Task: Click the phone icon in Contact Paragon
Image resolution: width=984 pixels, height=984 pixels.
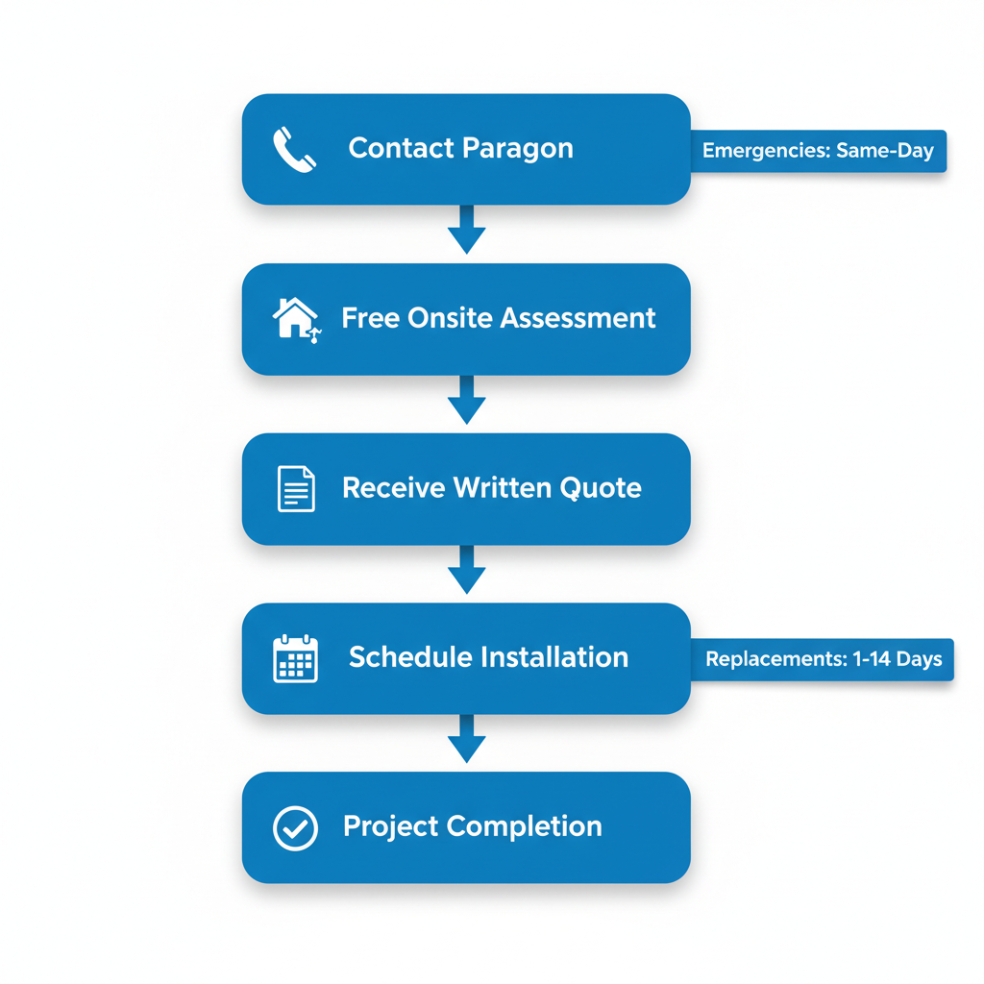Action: pyautogui.click(x=294, y=150)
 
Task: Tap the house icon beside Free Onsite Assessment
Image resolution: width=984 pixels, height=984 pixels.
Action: pyautogui.click(x=295, y=318)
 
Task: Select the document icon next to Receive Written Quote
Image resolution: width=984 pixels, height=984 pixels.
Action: pyautogui.click(x=295, y=488)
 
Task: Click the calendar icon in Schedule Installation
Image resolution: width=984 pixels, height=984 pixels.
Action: pyautogui.click(x=295, y=658)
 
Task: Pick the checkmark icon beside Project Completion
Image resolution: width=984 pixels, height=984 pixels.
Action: pyautogui.click(x=295, y=827)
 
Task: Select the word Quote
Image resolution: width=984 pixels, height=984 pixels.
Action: pyautogui.click(x=603, y=488)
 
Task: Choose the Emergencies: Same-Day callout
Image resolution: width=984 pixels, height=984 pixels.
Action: pyautogui.click(x=819, y=151)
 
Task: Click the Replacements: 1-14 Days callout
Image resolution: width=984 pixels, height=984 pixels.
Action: pyautogui.click(x=823, y=660)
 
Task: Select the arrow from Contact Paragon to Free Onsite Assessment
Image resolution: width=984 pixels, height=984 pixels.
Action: pyautogui.click(x=466, y=230)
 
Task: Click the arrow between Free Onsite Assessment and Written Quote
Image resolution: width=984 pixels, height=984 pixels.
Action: pyautogui.click(x=466, y=400)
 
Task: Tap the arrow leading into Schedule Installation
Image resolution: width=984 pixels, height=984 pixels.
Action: pyautogui.click(x=466, y=570)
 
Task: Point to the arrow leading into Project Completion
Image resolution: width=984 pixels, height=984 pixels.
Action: pyautogui.click(x=466, y=739)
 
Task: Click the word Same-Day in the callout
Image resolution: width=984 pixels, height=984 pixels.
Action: pyautogui.click(x=885, y=151)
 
